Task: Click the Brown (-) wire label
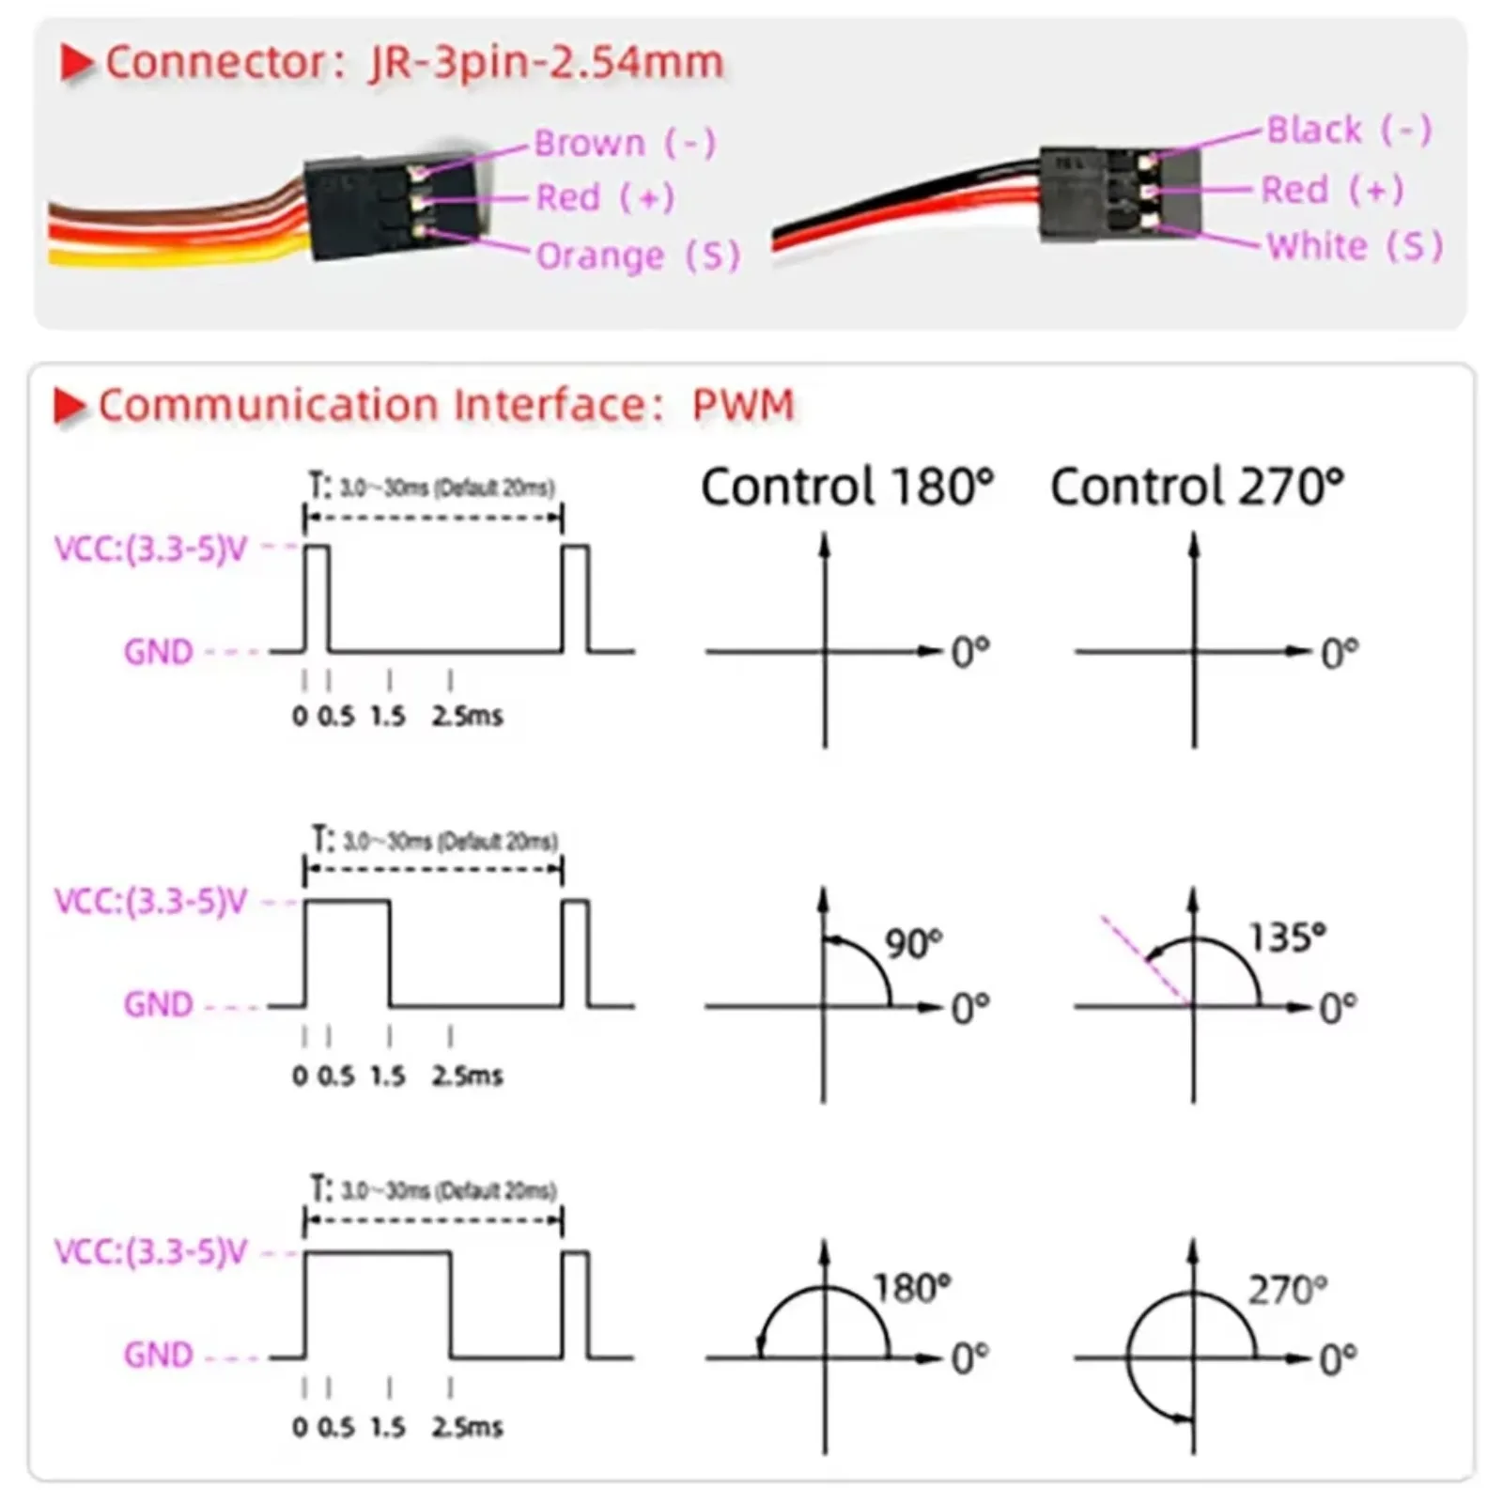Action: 625,144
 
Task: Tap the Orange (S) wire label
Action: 638,256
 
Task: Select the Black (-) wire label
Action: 1349,130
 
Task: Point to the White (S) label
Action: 1355,246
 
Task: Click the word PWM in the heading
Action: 743,405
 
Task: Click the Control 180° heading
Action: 846,487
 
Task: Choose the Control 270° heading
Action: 1197,487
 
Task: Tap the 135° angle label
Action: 1286,937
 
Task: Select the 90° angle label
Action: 913,943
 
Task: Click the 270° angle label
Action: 1287,1290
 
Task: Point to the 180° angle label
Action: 911,1288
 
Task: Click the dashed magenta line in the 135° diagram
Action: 1147,960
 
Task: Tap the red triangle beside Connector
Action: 76,64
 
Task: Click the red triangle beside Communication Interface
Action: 70,406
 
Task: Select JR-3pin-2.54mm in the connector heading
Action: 547,63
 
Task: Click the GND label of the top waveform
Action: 158,651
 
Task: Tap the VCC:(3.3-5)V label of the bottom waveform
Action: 150,1252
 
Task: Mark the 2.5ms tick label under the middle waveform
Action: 467,1076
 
